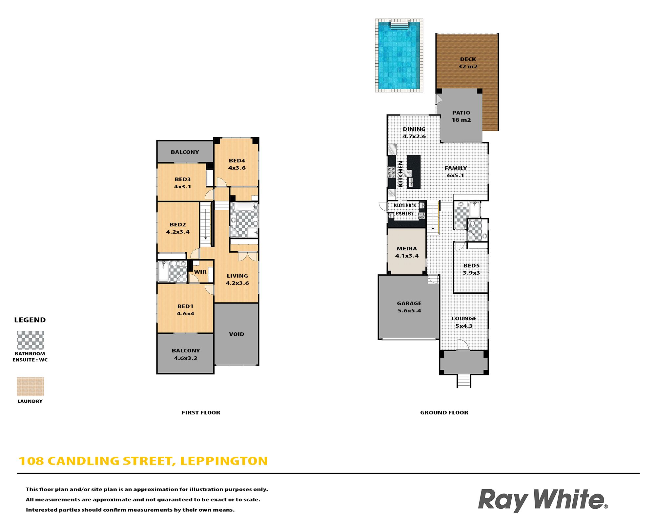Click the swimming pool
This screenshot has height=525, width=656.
coord(399,55)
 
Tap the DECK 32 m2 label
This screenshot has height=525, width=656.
coord(468,63)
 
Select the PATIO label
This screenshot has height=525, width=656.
coord(461,113)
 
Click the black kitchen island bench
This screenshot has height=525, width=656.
coord(414,172)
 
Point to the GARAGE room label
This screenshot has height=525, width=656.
coord(409,303)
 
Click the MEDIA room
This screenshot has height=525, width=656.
coord(407,251)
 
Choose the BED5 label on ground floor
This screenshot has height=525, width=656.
coord(471,265)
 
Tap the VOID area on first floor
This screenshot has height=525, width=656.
coord(236,334)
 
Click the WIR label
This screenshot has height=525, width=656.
coord(200,272)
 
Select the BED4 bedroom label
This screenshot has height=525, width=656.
coord(237,160)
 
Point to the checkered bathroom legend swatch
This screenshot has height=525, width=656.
coord(30,340)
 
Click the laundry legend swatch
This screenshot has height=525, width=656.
coord(30,387)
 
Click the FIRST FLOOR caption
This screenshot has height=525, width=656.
coord(201,412)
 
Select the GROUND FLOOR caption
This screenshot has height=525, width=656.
coord(444,412)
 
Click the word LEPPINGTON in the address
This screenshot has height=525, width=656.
coord(224,461)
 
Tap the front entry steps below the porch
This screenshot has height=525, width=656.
coord(464,381)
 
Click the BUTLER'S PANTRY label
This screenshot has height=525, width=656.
coord(405,209)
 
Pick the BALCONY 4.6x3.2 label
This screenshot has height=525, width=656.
coord(186,354)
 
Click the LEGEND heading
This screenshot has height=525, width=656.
coord(30,320)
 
